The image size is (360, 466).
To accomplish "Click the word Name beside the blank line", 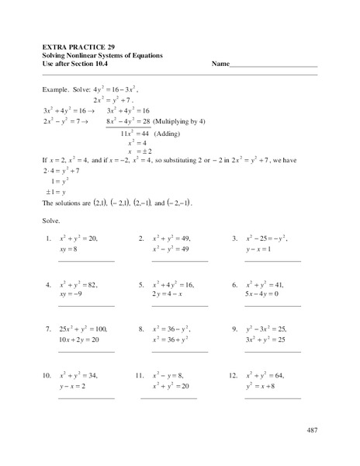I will point(220,64).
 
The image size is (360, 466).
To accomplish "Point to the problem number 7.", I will point(48,329).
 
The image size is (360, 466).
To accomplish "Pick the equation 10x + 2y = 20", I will point(81,340).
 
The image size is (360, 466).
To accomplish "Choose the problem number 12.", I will point(233,375).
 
